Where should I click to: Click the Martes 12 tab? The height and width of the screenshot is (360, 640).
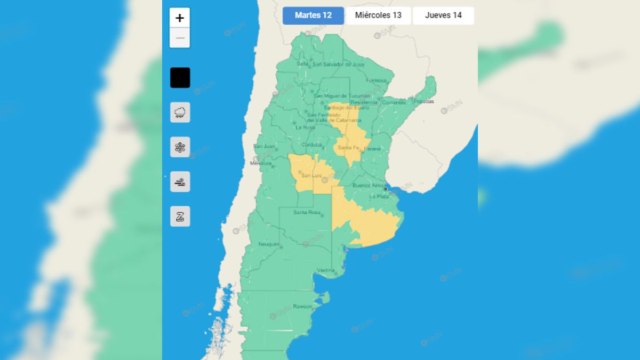tap(313, 15)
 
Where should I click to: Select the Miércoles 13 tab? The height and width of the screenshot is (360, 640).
tap(378, 15)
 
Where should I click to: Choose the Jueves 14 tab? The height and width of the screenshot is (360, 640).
tap(443, 15)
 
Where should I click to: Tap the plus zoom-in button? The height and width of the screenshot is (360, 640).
tap(180, 18)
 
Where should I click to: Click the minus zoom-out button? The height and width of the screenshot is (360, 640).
tap(180, 38)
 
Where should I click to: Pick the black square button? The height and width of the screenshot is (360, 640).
tap(180, 78)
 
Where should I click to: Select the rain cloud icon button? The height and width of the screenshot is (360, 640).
tap(180, 113)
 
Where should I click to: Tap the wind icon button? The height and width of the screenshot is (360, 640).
tap(180, 182)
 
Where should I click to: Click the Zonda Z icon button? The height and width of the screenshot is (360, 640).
tap(180, 217)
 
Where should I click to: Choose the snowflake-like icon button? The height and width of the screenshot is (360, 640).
tap(180, 147)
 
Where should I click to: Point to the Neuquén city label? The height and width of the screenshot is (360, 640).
tap(269, 244)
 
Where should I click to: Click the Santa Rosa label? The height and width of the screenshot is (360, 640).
tap(307, 213)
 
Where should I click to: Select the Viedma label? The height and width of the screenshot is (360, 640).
tap(325, 270)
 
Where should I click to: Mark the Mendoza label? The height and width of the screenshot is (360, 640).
tap(261, 163)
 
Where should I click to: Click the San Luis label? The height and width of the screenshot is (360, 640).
tap(311, 175)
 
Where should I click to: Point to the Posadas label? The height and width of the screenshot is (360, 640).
tap(423, 101)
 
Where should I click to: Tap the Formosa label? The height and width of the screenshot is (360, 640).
tap(376, 81)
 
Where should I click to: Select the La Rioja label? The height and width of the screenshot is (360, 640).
tap(305, 127)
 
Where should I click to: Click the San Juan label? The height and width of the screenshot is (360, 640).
tap(263, 147)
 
